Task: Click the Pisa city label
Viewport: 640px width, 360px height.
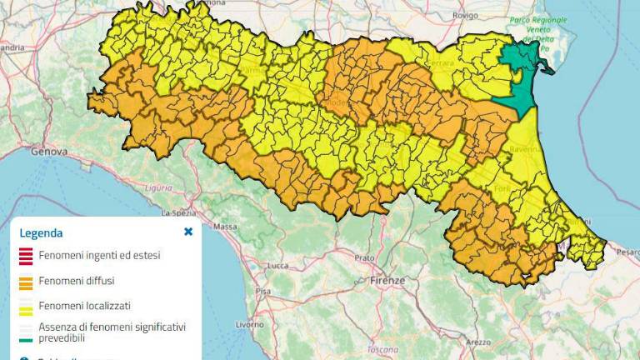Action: pos(264,291)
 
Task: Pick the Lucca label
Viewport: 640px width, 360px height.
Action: pos(277,266)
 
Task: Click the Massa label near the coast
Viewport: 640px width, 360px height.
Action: pos(226,226)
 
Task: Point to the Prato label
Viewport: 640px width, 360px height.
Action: pos(364,258)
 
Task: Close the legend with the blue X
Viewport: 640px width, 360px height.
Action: pos(188,232)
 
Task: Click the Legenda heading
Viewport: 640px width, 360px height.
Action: pos(41,233)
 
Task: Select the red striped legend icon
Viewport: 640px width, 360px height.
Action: pos(26,256)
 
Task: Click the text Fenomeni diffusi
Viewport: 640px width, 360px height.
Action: pos(77,281)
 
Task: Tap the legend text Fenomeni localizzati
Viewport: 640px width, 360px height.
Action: pos(84,306)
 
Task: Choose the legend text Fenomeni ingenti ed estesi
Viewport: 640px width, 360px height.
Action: pos(99,255)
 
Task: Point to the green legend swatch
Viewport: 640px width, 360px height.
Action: pos(26,332)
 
